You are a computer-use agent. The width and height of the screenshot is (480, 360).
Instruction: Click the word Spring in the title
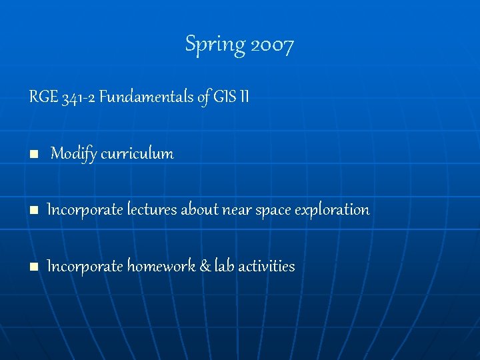(215, 45)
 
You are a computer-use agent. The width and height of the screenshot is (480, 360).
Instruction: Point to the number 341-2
(78, 98)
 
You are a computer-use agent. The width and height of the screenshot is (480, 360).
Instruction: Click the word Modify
(73, 154)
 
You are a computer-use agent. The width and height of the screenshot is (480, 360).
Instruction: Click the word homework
(161, 267)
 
